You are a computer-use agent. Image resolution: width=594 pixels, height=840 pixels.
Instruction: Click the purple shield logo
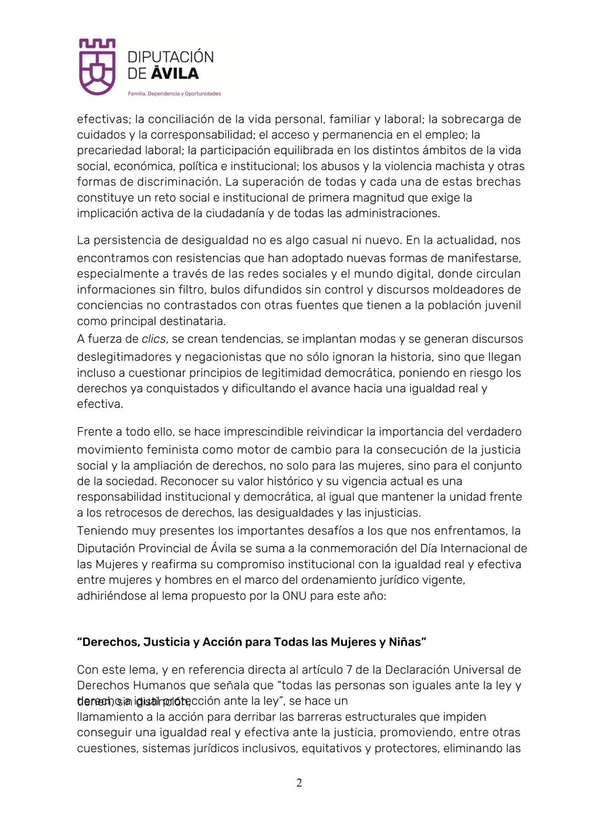[x=97, y=66]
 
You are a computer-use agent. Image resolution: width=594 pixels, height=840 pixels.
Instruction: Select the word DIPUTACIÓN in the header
[x=171, y=57]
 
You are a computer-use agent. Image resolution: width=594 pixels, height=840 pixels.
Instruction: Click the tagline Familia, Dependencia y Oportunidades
[x=174, y=94]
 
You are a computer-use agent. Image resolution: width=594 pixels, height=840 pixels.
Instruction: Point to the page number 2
[x=299, y=783]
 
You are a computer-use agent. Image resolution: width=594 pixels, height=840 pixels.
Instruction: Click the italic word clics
[x=153, y=339]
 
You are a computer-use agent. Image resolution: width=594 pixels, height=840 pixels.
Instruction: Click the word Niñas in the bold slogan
[x=408, y=642]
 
